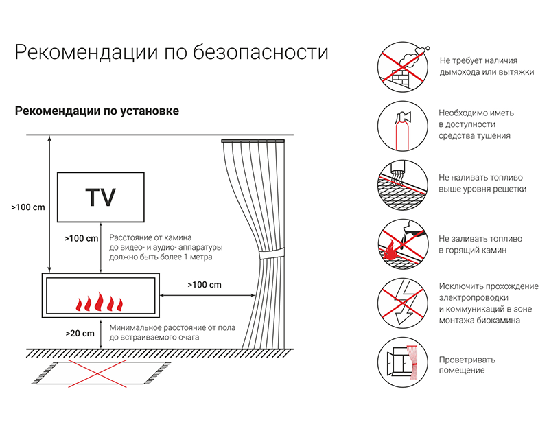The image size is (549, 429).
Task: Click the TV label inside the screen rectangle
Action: click(100, 198)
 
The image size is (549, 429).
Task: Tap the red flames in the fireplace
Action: click(100, 301)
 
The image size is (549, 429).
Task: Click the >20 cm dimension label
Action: click(80, 334)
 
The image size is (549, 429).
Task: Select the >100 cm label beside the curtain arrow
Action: click(205, 285)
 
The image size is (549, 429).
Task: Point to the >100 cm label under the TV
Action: click(81, 238)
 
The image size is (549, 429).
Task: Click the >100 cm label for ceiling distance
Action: click(28, 207)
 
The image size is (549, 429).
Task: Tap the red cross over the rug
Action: click(97, 373)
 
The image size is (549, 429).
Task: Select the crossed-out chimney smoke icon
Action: click(403, 67)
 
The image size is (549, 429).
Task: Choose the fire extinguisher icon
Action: click(403, 126)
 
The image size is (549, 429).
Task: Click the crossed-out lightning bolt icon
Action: click(403, 303)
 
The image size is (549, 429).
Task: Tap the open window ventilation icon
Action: click(403, 362)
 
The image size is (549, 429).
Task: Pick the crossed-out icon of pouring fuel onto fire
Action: click(403, 244)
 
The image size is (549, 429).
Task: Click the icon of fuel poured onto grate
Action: click(403, 185)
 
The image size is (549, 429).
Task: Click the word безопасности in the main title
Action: click(261, 53)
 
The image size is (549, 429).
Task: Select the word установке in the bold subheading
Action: click(150, 111)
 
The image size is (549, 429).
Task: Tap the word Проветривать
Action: click(467, 360)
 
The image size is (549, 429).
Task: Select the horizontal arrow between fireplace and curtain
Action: click(208, 296)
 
